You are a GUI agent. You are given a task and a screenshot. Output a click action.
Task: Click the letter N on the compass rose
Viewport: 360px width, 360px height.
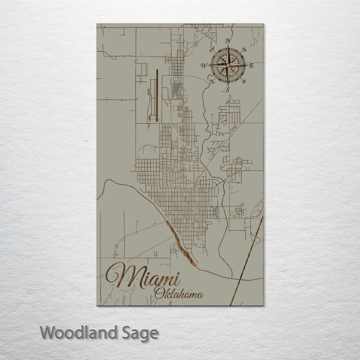(x=228, y=41)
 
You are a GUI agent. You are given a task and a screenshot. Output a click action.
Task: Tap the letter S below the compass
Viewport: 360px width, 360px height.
(x=227, y=89)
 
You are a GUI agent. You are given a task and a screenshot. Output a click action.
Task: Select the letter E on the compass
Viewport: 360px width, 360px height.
(x=251, y=65)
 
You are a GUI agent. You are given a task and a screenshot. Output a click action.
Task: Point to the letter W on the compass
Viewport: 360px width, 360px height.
(x=203, y=65)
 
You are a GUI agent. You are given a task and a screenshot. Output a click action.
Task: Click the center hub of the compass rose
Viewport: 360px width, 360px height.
(x=228, y=65)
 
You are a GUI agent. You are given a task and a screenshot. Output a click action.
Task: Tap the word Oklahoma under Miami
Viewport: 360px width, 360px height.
(x=179, y=293)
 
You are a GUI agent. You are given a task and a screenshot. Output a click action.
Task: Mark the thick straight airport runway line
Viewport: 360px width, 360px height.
(x=157, y=95)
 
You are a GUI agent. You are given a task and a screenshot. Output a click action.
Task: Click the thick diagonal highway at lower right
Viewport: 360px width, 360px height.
(x=245, y=265)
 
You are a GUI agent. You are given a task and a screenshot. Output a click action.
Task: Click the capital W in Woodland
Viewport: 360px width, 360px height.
(x=48, y=332)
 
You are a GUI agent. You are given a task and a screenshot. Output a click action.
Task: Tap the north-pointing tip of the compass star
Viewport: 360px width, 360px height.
(x=228, y=47)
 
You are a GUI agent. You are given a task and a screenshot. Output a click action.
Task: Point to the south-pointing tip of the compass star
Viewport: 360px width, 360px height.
(x=228, y=84)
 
